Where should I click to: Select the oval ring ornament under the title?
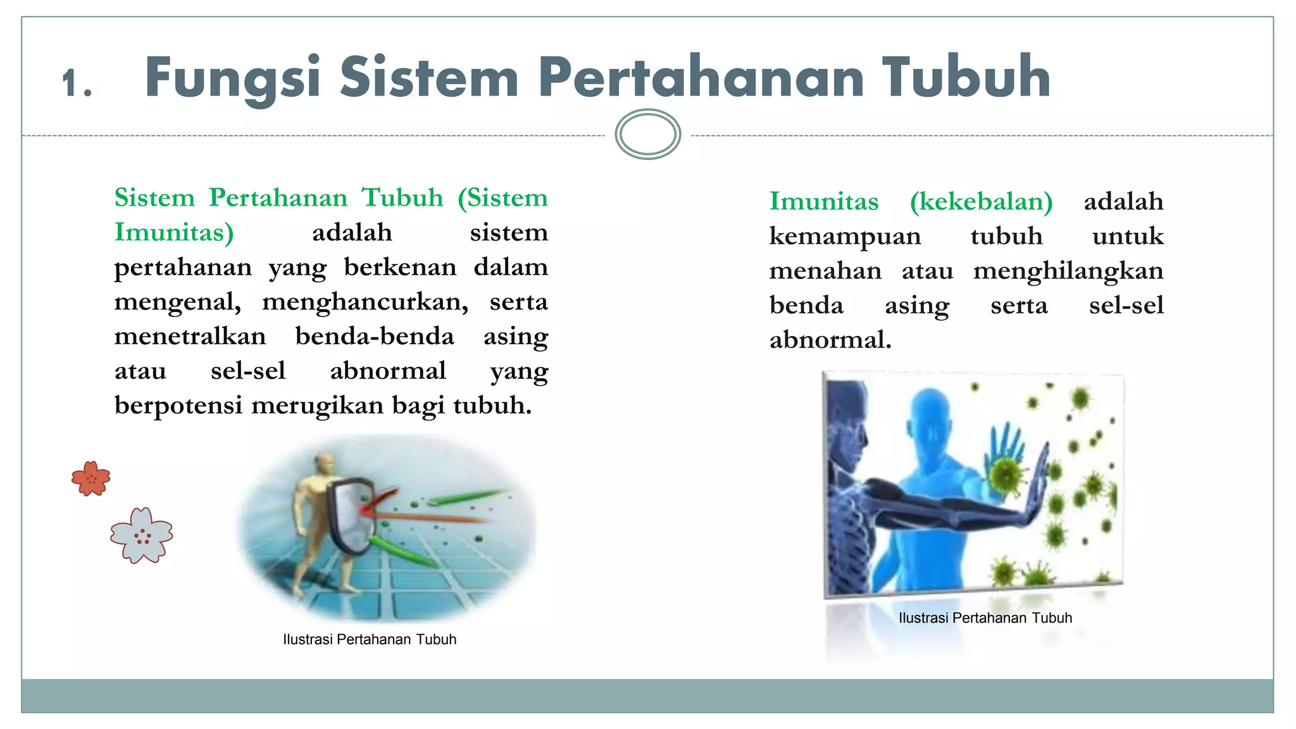pos(647,134)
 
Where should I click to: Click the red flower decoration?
pos(91,478)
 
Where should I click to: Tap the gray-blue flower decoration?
pos(141,535)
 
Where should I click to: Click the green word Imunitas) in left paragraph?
pos(174,232)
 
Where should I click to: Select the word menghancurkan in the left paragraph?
pos(365,301)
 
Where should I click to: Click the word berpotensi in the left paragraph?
pos(178,405)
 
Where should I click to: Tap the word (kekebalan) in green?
pos(981,201)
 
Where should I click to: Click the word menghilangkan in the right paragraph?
pos(1068,271)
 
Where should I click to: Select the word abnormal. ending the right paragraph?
pos(830,340)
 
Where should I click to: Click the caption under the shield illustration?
pos(370,639)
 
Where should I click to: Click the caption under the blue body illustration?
pos(985,618)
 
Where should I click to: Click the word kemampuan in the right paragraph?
pos(845,236)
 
